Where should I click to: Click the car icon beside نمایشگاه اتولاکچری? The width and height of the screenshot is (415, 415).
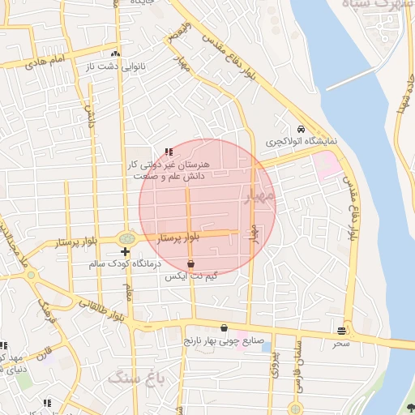click(301, 129)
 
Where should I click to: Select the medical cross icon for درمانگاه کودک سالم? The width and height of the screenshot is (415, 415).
click(124, 253)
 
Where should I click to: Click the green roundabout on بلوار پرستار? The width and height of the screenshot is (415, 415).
click(127, 239)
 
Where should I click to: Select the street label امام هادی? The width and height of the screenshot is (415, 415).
click(46, 61)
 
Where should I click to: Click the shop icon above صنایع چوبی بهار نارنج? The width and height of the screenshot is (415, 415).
click(224, 328)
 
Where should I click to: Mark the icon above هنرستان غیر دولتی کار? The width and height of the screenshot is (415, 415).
click(169, 151)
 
